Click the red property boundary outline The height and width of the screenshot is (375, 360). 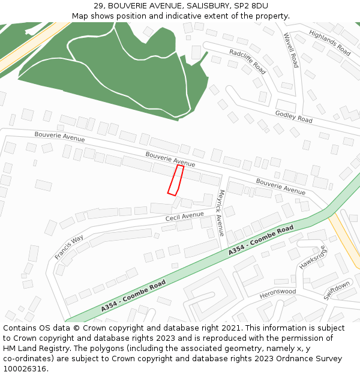[x=176, y=180]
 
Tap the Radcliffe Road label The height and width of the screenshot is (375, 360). [x=247, y=62]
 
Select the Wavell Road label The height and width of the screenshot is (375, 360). [x=291, y=50]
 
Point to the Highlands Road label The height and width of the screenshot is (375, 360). [x=330, y=44]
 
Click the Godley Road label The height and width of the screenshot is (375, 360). [x=293, y=117]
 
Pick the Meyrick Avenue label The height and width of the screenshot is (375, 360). [x=221, y=212]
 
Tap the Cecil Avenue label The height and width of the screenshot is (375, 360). [x=185, y=216]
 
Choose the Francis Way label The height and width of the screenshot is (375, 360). [x=69, y=247]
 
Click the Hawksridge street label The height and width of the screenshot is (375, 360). [x=313, y=257]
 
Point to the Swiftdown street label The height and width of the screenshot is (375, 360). [x=337, y=290]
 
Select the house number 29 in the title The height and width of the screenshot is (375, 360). [x=98, y=6]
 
